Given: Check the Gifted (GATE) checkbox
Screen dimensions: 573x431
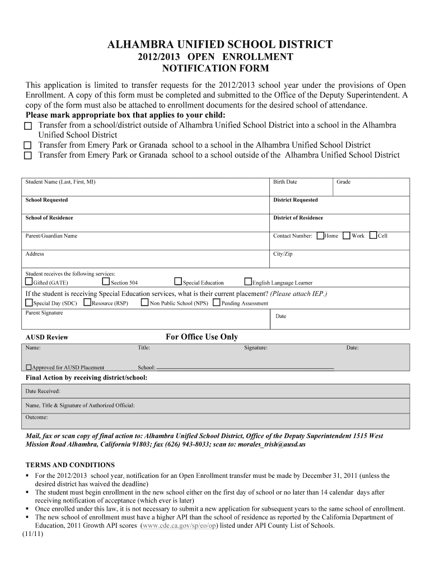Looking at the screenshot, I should (29, 281).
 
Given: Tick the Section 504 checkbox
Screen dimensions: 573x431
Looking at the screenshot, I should (106, 281).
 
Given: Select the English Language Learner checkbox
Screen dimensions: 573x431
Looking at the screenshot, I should (248, 281).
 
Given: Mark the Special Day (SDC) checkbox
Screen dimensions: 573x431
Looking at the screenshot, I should (29, 302).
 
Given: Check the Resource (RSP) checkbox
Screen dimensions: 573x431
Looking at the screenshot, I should (87, 302).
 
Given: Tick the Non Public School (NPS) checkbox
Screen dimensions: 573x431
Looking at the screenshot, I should (145, 302).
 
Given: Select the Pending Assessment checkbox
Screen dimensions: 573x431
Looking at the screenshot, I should (217, 302).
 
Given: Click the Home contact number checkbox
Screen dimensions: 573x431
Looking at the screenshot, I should (320, 236).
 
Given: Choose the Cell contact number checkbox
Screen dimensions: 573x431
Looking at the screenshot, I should (374, 236).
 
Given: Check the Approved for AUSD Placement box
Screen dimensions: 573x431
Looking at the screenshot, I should (29, 368).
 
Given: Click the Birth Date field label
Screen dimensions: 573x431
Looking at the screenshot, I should (285, 182).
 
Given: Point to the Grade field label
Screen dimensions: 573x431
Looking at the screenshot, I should (343, 182).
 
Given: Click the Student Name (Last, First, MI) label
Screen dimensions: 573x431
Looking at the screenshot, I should (60, 182).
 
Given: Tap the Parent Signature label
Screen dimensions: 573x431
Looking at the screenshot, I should (44, 313).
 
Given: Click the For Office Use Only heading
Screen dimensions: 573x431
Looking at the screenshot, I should (202, 337).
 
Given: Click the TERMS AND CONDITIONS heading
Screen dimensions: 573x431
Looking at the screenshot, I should (71, 465).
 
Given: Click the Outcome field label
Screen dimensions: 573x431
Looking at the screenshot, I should (36, 417).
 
